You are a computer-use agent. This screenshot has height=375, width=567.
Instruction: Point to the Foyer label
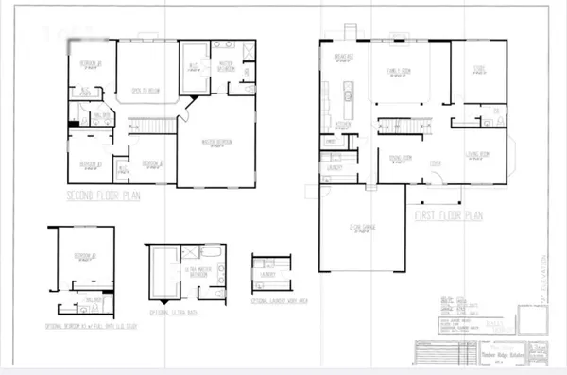pos(437,162)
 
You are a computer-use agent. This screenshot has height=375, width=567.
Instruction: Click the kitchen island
pos(347,94)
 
